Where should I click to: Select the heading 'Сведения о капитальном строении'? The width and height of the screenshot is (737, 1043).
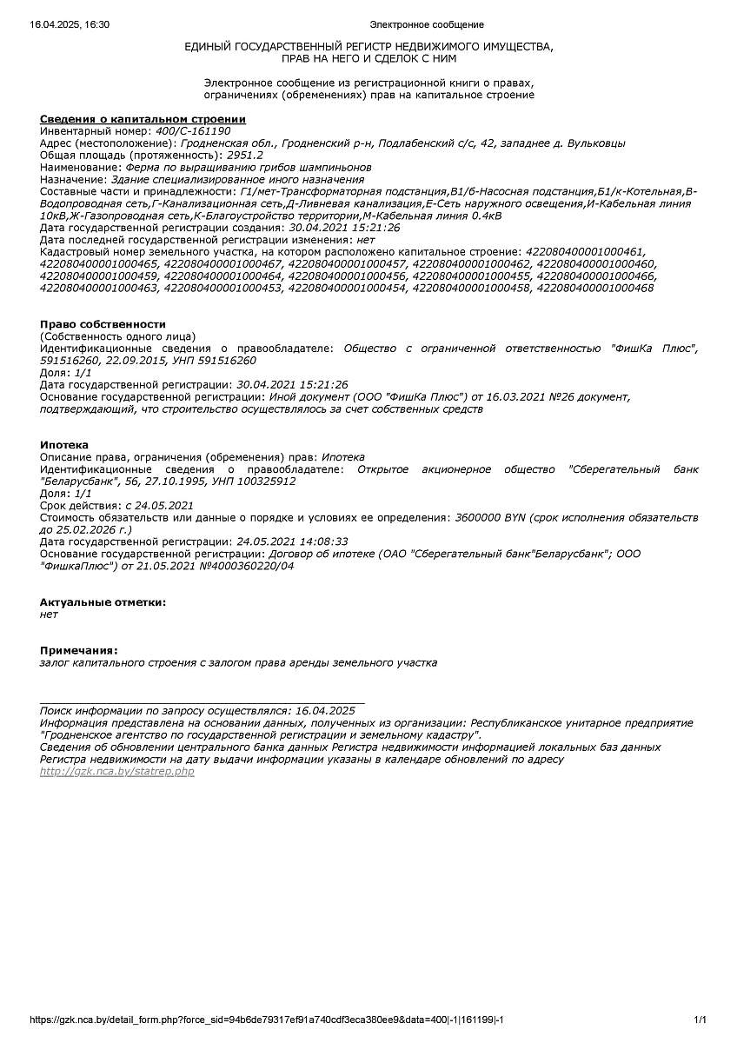(x=143, y=119)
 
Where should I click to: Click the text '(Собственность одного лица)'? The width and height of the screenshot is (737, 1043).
(x=118, y=336)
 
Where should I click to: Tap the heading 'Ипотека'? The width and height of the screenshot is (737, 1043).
(x=64, y=445)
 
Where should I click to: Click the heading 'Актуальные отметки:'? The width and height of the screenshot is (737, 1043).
(x=103, y=602)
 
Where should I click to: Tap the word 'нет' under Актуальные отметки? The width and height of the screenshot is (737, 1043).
(x=49, y=615)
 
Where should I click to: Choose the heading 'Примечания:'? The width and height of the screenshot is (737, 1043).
(x=79, y=650)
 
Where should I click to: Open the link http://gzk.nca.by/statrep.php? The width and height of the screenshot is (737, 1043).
(x=117, y=772)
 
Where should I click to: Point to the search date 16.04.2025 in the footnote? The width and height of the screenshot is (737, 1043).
(x=325, y=710)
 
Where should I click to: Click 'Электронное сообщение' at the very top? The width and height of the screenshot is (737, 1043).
(x=427, y=24)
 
